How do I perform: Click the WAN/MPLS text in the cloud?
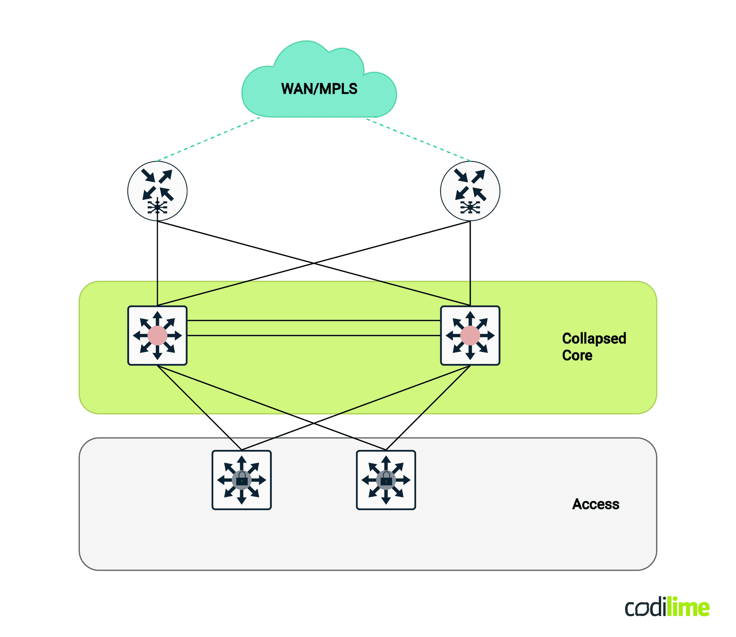point(319,89)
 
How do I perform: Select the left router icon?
point(157,191)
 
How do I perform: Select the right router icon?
point(470,191)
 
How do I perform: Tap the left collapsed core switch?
point(157,335)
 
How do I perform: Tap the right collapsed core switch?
point(470,335)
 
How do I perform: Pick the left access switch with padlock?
point(241,479)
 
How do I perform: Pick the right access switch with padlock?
point(386,479)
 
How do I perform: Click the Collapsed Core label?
point(594,346)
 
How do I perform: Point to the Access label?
point(595,504)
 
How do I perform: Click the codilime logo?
point(667,608)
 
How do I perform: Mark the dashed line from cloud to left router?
point(208,139)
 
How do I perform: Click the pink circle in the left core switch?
point(157,335)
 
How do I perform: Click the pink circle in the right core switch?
point(470,335)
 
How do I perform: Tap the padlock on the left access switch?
point(242,479)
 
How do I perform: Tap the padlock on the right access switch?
point(386,479)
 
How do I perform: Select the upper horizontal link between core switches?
point(313,320)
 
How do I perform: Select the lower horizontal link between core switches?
point(313,335)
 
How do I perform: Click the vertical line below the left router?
point(157,263)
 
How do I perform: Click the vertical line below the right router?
point(470,263)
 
